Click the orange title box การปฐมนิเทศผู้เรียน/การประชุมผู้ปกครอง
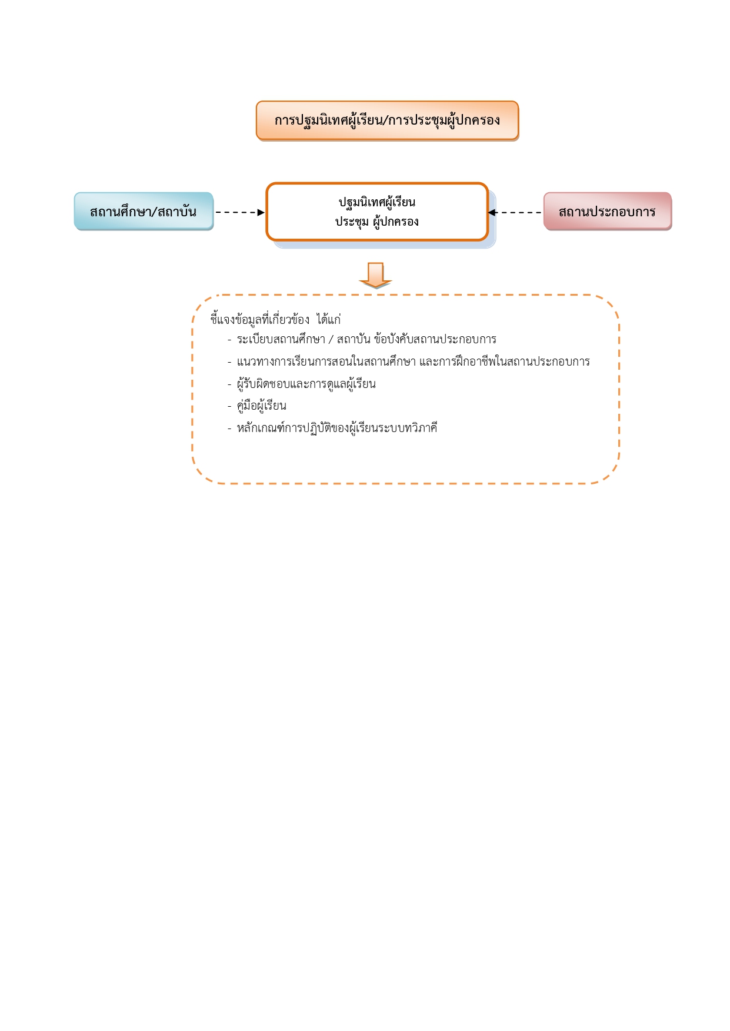pos(387,120)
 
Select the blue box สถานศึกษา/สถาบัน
pos(144,211)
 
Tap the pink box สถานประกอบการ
pos(608,211)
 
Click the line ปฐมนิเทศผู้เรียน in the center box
pos(377,202)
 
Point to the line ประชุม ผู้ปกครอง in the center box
pos(377,222)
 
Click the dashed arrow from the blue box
pos(240,212)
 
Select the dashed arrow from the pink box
pos(515,212)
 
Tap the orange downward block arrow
pos(375,275)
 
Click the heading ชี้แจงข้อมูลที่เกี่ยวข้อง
pos(260,319)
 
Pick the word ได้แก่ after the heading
pos(329,319)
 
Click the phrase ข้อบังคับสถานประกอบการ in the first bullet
pos(435,339)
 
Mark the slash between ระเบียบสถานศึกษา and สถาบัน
pos(331,339)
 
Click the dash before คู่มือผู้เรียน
pos(229,406)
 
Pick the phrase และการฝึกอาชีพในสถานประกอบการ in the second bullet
pos(505,361)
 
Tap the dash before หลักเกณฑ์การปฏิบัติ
pos(229,429)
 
